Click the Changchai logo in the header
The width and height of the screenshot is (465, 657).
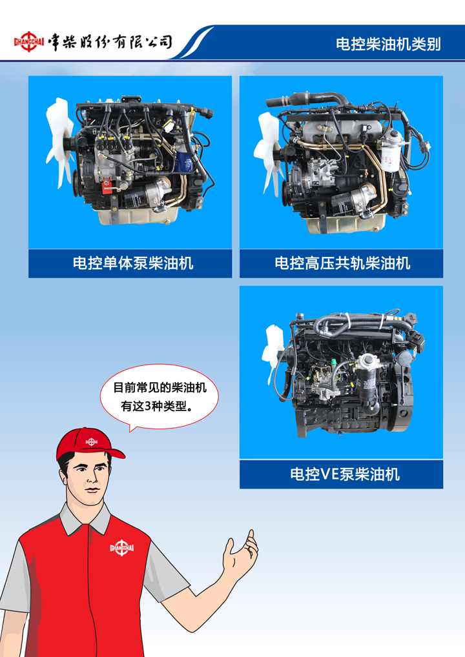(29, 42)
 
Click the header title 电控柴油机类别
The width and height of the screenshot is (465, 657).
(388, 44)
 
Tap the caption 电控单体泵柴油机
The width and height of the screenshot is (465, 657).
(133, 263)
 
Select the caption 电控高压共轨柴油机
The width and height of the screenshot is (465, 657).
(342, 263)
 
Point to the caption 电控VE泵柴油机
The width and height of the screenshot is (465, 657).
(345, 474)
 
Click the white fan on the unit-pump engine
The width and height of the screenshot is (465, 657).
(59, 143)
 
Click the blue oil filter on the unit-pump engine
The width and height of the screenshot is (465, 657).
(184, 161)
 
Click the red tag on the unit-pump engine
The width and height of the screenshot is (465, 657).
(107, 185)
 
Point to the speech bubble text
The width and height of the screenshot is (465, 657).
(160, 396)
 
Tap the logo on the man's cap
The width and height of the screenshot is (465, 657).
(92, 441)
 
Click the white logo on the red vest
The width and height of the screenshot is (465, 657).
(121, 548)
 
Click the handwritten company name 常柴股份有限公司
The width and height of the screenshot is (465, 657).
(110, 42)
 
